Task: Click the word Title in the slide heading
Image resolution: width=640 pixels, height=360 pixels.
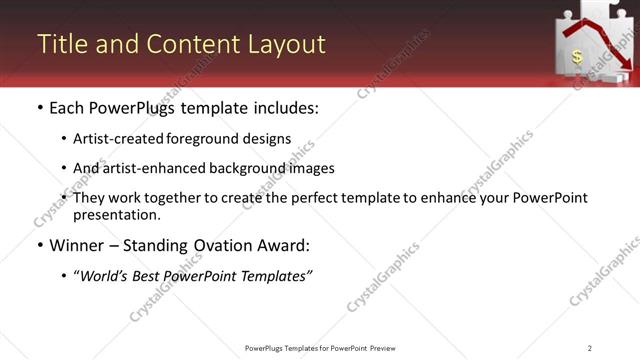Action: (61, 45)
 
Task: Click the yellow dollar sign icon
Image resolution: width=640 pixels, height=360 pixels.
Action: (578, 57)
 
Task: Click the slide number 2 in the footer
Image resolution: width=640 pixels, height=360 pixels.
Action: (590, 347)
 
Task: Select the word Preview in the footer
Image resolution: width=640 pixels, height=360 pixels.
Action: (384, 347)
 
